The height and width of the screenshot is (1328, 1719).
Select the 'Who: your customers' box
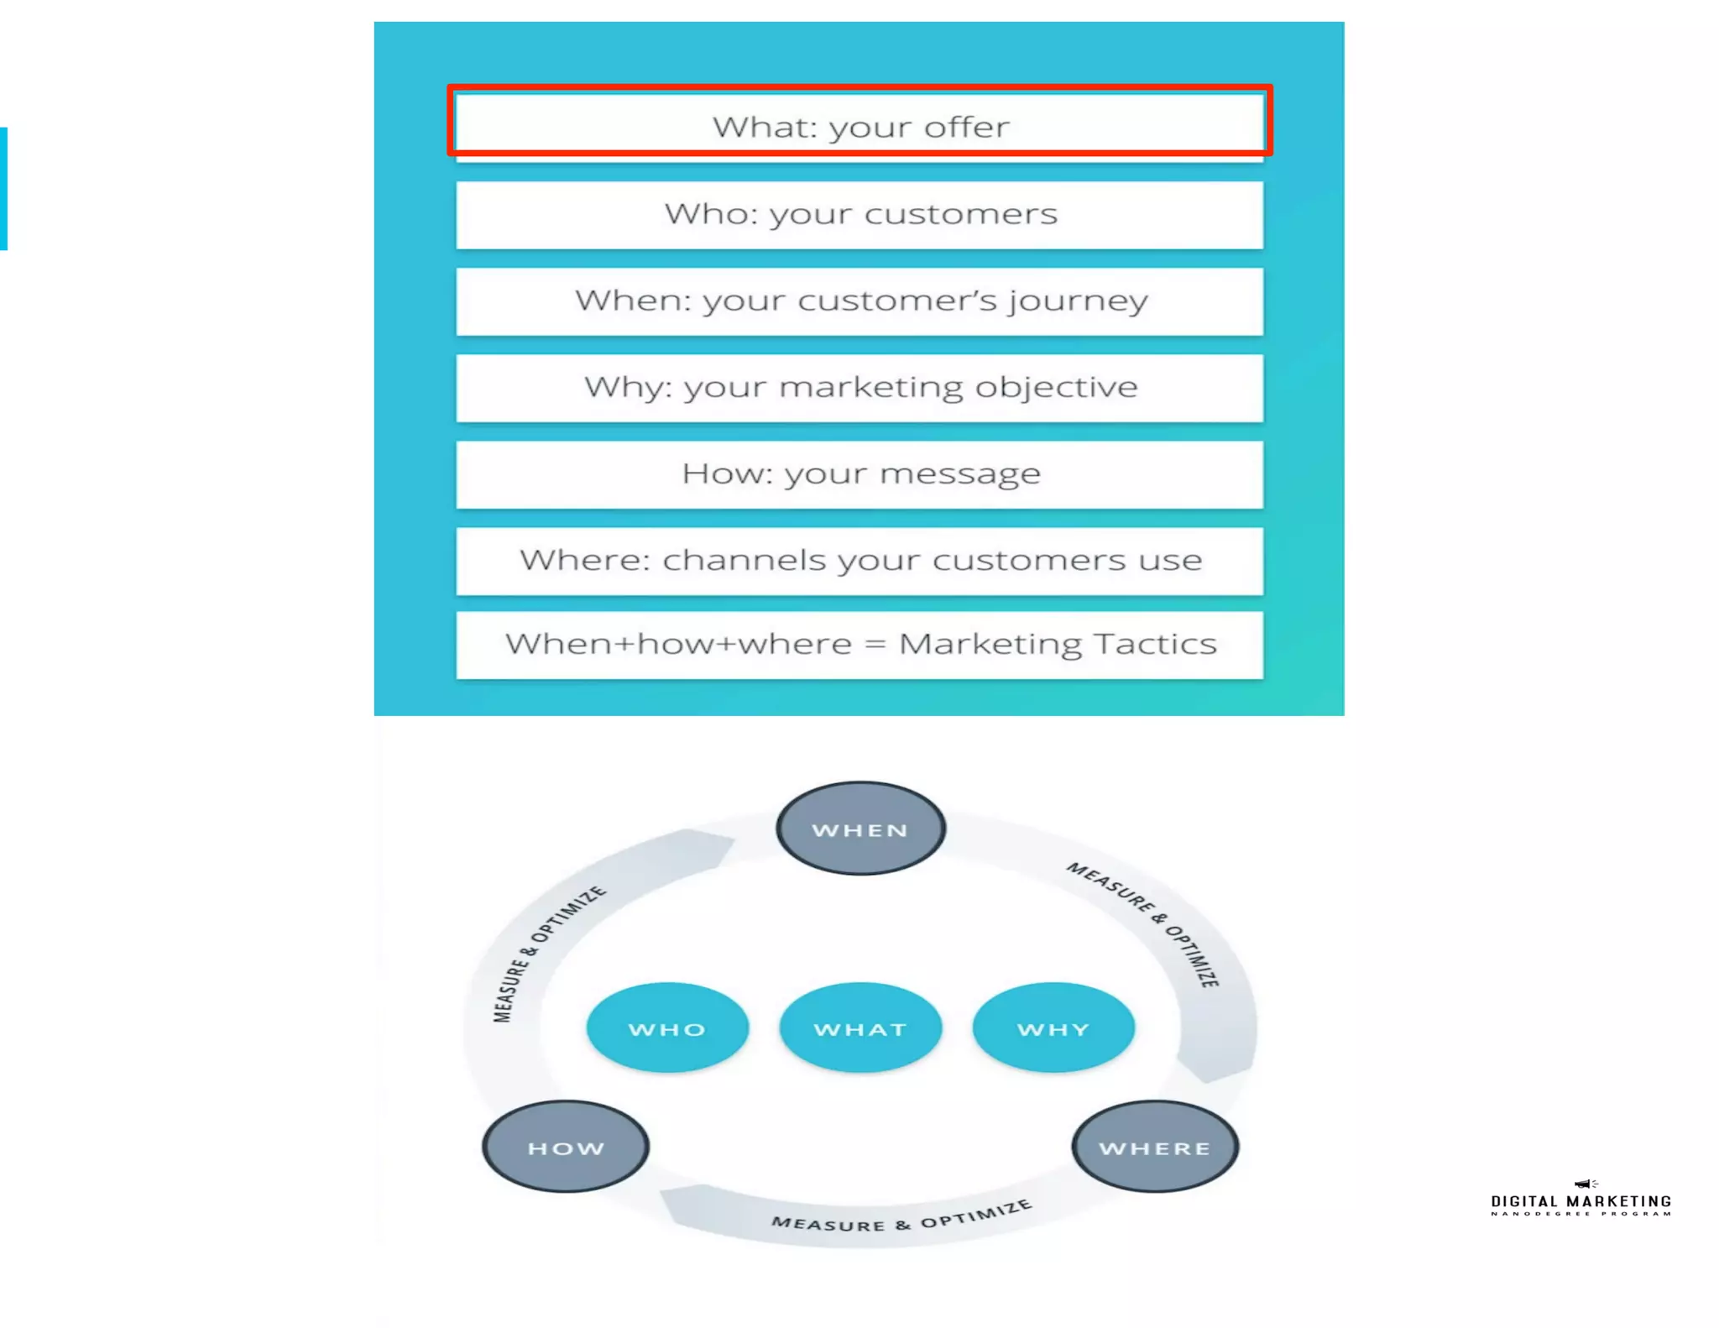(x=859, y=214)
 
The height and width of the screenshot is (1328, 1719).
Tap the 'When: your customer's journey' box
(x=859, y=301)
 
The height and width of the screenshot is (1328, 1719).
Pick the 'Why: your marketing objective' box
(x=859, y=387)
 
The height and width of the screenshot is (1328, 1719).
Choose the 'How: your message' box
(x=859, y=473)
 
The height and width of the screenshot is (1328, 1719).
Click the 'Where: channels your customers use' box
(x=859, y=560)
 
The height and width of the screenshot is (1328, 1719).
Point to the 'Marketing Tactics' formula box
(x=859, y=644)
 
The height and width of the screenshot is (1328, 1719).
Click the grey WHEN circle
(x=860, y=829)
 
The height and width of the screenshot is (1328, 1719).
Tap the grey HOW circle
(x=566, y=1147)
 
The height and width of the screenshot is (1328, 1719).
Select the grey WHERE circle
(x=1155, y=1147)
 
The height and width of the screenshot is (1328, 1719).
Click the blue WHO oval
(x=667, y=1028)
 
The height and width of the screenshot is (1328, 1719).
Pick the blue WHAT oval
(x=860, y=1028)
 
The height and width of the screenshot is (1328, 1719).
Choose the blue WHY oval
(x=1053, y=1028)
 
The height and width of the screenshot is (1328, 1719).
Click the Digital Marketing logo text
(x=1581, y=1202)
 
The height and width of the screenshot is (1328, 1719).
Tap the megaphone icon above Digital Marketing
(x=1584, y=1184)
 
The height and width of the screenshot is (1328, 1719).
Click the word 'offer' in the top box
(x=967, y=127)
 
